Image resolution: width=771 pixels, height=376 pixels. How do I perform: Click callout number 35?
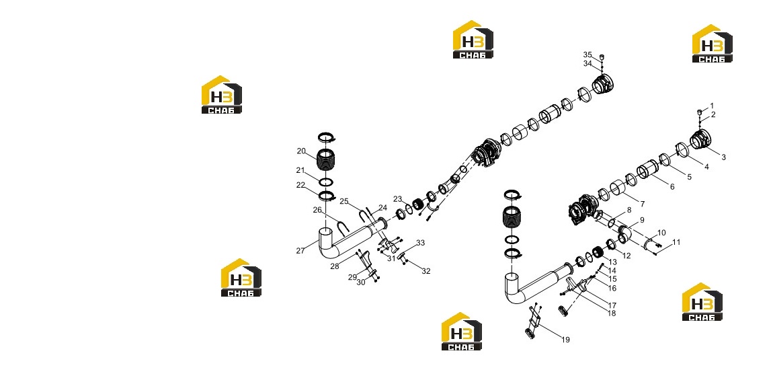coord(587,54)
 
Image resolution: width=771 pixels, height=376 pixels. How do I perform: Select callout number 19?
coord(565,340)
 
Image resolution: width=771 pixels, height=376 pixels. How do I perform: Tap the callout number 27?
coord(300,250)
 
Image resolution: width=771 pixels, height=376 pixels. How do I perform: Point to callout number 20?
coord(301,151)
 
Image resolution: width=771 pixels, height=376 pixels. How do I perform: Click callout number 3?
coord(723,157)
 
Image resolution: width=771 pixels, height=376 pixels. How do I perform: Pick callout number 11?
coord(677,242)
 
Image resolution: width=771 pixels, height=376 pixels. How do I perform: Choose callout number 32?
coord(425,271)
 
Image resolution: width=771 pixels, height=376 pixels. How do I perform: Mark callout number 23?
coord(397,199)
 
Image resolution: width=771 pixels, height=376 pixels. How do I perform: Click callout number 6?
coord(672,187)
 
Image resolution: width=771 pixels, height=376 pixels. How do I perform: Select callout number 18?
coord(611,313)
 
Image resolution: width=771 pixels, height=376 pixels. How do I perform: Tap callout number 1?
coord(711,106)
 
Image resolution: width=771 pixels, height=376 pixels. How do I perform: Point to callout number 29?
coord(352,277)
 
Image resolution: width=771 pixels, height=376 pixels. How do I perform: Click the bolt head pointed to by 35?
coord(602,57)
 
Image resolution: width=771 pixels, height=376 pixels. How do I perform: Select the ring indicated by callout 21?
coord(325,182)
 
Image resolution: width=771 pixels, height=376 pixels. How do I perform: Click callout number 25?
coord(344,201)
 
